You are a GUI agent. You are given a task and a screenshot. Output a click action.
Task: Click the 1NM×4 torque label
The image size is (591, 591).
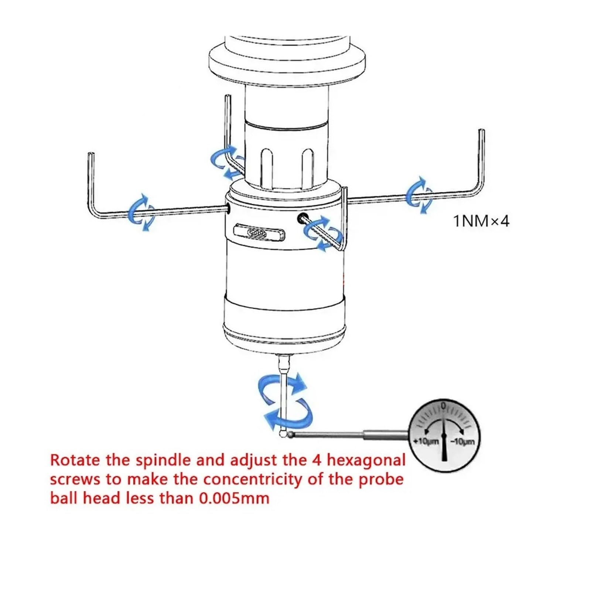pos(481,221)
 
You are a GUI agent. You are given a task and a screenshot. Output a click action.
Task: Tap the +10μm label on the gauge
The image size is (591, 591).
pos(426,441)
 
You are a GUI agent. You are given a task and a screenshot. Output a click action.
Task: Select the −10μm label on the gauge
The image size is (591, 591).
pos(462,441)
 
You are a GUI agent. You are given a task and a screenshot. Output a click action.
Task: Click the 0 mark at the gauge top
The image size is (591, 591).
pos(444,405)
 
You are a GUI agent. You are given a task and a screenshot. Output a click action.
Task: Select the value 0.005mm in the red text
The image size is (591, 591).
pos(234,498)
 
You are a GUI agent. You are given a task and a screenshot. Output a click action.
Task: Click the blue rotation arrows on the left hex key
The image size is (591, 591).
pos(141,212)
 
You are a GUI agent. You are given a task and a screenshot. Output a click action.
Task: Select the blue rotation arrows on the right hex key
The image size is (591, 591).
pos(420,195)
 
